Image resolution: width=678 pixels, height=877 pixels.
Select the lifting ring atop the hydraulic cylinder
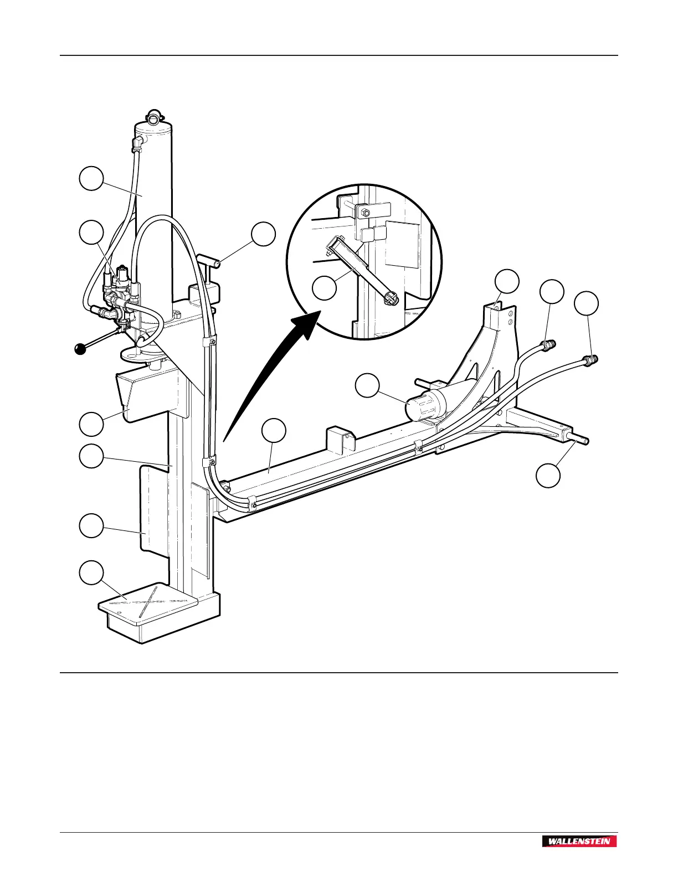(x=153, y=116)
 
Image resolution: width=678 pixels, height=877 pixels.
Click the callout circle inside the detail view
(x=325, y=288)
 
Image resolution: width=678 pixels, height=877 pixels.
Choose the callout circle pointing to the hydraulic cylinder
(x=91, y=178)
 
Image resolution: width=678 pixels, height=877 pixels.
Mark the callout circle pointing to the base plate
(x=91, y=572)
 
